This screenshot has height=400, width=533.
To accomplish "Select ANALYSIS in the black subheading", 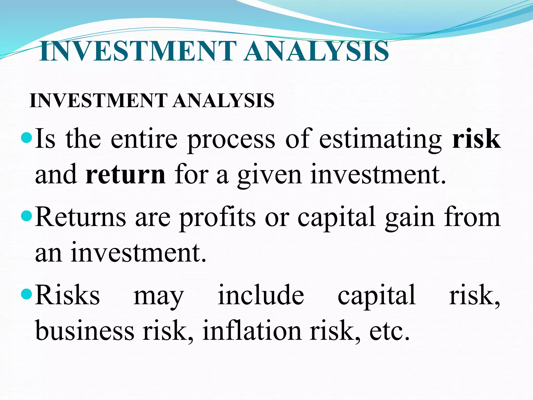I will pyautogui.click(x=224, y=101).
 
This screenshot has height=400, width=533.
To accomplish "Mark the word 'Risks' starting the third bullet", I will pyautogui.click(x=67, y=295).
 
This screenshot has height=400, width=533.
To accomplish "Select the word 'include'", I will pyautogui.click(x=261, y=295).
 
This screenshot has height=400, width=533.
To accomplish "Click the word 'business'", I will pyautogui.click(x=85, y=330).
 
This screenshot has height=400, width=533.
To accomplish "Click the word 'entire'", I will pyautogui.click(x=144, y=139).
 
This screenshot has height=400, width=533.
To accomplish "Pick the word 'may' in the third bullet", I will pyautogui.click(x=159, y=297).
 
